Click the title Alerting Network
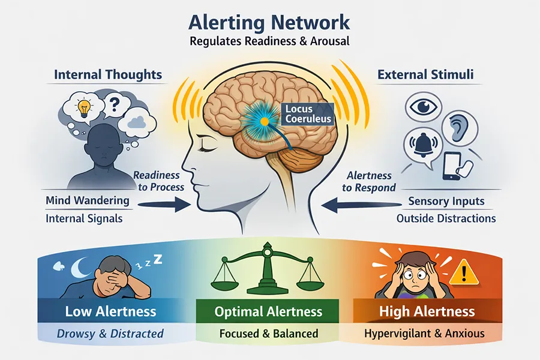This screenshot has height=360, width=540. [269, 22]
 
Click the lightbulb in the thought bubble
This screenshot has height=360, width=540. [83, 108]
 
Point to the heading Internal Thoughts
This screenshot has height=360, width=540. [108, 75]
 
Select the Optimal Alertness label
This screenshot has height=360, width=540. [268, 311]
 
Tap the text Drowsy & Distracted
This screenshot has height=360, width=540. [110, 333]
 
